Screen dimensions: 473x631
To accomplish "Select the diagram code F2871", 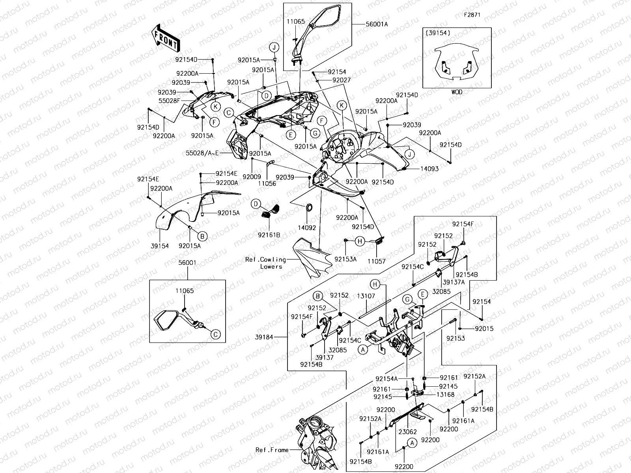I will click(472, 15).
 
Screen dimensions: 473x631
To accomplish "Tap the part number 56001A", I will click(377, 24).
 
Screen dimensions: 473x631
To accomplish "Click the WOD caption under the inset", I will click(457, 92).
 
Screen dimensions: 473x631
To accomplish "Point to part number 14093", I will click(429, 169).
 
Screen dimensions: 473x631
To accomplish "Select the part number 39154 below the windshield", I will click(159, 246).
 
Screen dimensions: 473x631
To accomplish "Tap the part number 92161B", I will click(269, 235).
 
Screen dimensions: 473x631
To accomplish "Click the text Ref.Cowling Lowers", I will click(266, 263).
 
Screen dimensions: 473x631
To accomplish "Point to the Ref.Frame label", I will click(272, 450).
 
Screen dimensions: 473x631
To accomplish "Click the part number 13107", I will click(366, 296).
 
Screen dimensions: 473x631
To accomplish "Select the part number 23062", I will click(407, 432).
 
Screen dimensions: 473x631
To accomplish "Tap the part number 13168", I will click(445, 394).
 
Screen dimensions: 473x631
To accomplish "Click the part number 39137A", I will click(454, 282).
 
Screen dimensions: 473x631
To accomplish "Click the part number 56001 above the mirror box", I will click(188, 263).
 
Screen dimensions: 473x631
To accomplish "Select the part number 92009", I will click(252, 177).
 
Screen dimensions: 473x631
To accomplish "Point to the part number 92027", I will click(341, 80).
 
